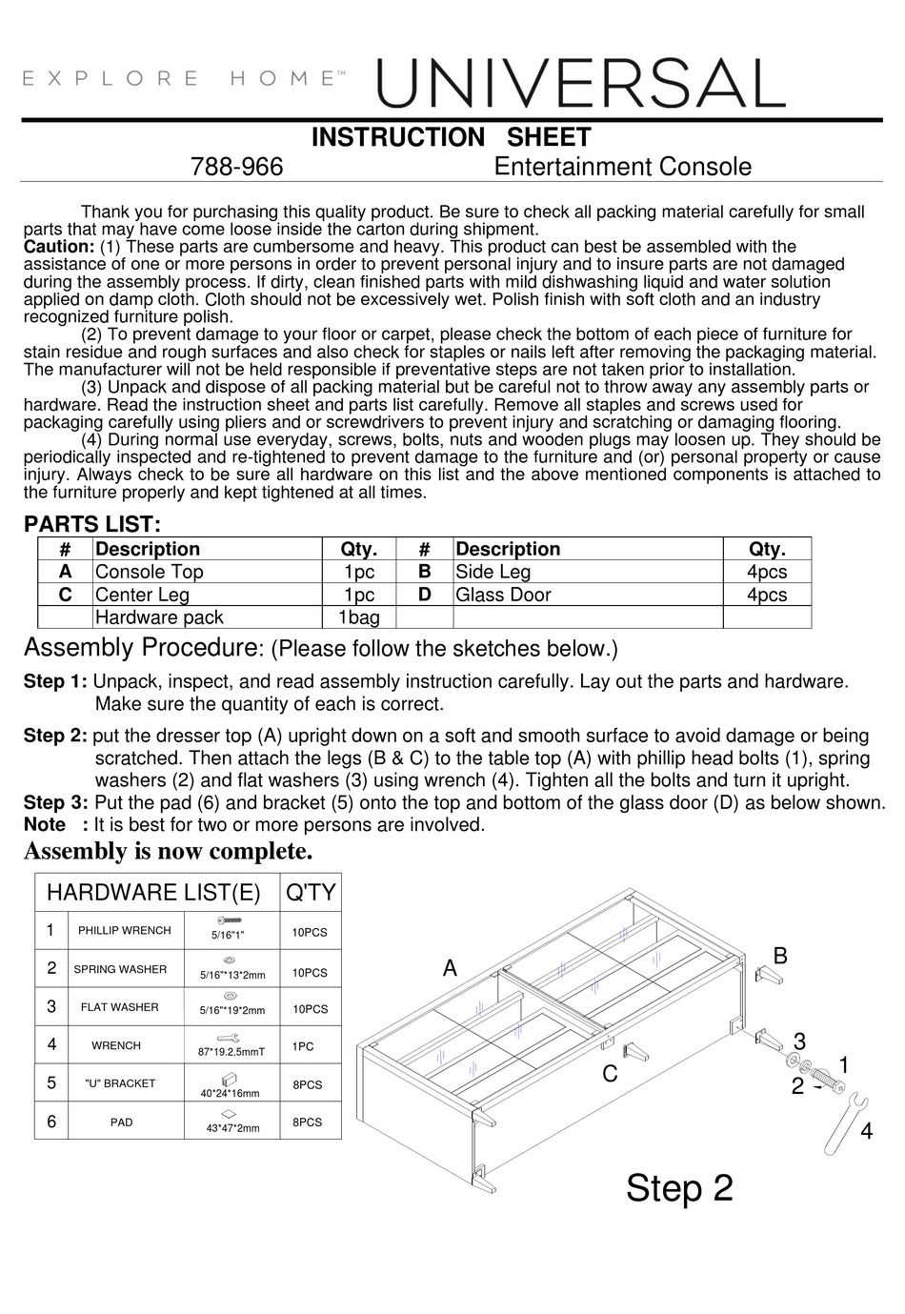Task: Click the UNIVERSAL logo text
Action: coord(581,83)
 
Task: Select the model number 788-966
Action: coord(237,167)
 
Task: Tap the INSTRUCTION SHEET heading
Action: coord(452,137)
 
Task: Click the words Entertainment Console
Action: coord(622,167)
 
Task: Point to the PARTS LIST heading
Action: coord(92,524)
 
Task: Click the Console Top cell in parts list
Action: coord(150,572)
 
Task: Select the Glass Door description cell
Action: coord(503,595)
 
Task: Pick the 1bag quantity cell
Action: coord(358,617)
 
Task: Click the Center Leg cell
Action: coord(142,595)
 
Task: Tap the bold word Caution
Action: coord(58,247)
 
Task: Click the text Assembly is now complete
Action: coord(168,850)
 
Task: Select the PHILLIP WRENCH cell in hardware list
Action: coord(125,930)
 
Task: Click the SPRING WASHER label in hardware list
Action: coord(120,969)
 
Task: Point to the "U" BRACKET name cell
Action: coord(120,1083)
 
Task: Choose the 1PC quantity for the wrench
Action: coord(303,1046)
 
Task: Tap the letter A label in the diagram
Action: coord(450,969)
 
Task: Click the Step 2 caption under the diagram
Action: coord(679,1188)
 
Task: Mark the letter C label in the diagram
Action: coord(610,1074)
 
